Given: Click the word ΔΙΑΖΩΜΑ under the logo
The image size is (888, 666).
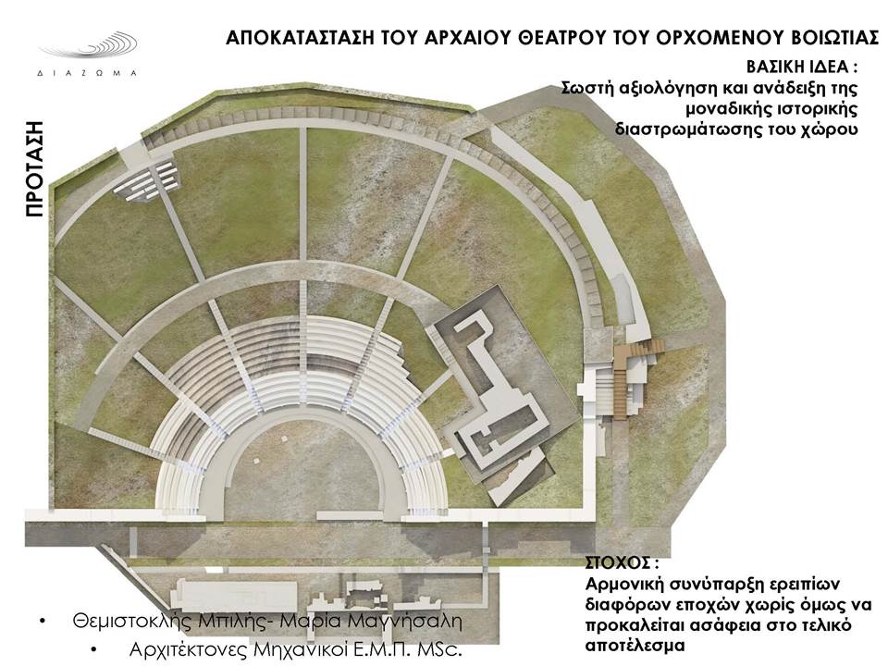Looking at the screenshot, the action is (x=87, y=73).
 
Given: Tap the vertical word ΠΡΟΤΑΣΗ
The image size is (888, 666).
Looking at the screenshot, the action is (x=34, y=168).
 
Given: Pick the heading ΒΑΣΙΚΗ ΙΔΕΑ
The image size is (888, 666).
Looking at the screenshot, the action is (x=801, y=67).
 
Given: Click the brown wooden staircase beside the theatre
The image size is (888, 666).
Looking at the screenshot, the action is (x=632, y=374).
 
